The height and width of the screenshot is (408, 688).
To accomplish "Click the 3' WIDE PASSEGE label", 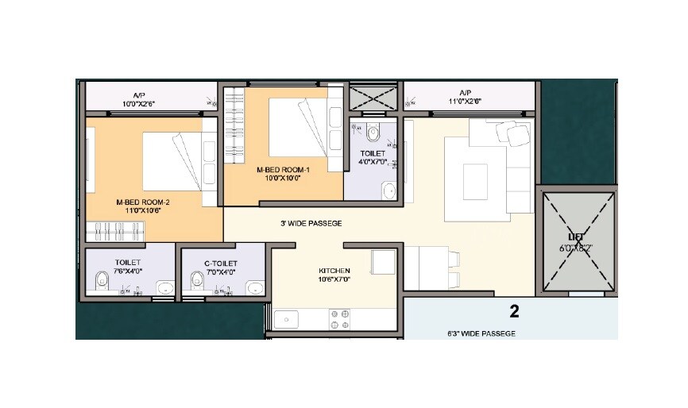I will tap(311, 224).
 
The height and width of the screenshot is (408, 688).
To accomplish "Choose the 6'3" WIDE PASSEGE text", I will tap(481, 333).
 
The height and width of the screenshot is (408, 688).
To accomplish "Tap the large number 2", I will tap(514, 310).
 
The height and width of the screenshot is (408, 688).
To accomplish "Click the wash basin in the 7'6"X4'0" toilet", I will tap(163, 287).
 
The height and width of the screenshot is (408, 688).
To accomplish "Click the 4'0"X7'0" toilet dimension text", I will tap(373, 162).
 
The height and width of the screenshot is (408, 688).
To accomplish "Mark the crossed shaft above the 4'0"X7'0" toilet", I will tap(373, 101).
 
